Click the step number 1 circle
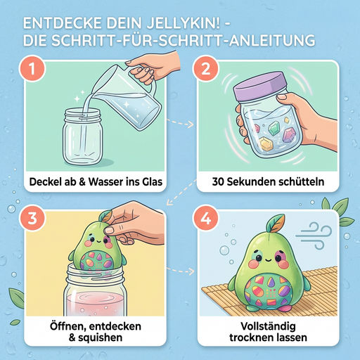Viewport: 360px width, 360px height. pos(32,68)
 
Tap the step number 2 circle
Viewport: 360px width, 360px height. pos(205,68)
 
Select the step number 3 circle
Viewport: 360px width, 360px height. pos(32,218)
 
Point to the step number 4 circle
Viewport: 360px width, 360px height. pos(205,218)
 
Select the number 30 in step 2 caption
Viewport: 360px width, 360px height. pos(218,181)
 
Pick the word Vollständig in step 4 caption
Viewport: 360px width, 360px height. pos(268,326)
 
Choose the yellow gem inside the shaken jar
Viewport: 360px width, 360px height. pos(266,144)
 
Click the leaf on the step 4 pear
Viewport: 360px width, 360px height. pos(276,223)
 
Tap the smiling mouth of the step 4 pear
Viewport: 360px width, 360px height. pos(269,259)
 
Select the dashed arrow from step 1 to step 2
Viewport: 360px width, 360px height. pos(180,123)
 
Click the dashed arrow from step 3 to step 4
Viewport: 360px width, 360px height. pos(180,271)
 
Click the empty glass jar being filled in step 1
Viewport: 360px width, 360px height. pos(83,136)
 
